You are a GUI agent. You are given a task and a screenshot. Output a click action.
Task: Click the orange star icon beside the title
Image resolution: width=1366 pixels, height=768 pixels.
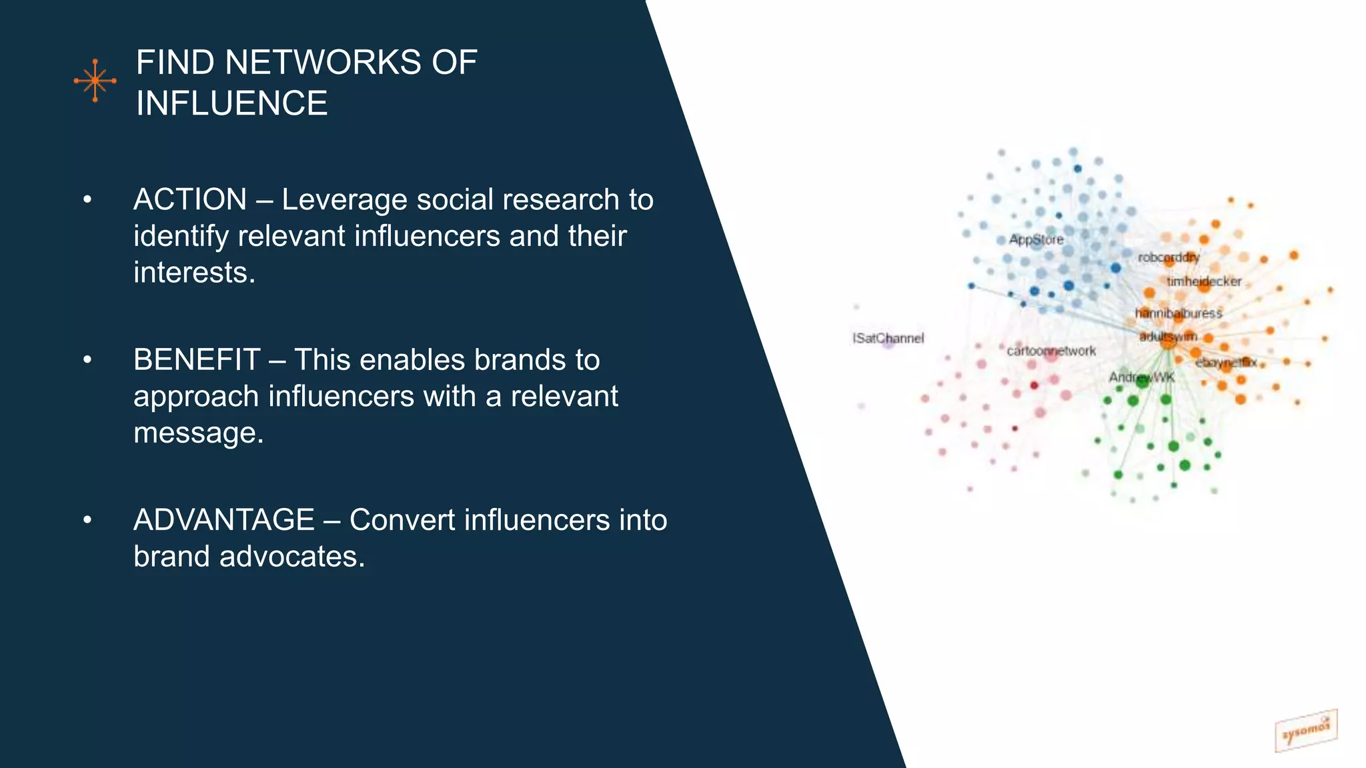(95, 81)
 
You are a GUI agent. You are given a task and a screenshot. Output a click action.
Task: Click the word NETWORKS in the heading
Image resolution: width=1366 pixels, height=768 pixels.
(323, 63)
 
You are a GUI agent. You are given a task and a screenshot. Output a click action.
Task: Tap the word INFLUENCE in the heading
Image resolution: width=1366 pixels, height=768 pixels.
(231, 104)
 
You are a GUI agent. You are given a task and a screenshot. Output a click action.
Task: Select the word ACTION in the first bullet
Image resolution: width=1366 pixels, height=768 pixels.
(190, 200)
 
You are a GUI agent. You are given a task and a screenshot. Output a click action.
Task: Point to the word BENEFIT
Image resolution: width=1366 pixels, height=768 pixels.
(196, 360)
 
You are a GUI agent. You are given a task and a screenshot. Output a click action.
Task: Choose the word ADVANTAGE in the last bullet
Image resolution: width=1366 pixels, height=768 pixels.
(223, 520)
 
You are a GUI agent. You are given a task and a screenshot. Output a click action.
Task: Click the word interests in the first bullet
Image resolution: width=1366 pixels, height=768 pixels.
(193, 273)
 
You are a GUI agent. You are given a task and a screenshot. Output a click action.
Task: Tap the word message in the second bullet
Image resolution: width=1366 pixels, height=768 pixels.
(197, 433)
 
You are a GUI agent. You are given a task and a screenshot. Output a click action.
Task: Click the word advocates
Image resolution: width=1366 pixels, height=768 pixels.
(291, 557)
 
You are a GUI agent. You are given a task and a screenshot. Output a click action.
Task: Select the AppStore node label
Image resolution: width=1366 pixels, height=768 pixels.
(1036, 239)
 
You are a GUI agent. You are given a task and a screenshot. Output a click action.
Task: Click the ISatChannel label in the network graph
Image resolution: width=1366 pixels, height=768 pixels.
(888, 338)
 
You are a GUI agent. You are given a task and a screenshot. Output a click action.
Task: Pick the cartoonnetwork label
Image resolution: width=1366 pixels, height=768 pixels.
(1051, 351)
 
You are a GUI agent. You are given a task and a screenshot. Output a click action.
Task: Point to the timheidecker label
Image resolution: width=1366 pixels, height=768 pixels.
(1204, 281)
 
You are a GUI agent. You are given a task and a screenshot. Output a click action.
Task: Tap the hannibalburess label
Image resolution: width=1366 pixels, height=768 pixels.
(1179, 313)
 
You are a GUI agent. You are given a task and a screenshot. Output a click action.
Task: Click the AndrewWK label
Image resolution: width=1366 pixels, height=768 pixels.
(1141, 377)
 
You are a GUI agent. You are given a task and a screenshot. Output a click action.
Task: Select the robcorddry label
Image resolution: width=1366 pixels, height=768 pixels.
(1169, 257)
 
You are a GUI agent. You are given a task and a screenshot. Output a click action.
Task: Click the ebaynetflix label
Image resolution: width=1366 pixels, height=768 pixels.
(1226, 363)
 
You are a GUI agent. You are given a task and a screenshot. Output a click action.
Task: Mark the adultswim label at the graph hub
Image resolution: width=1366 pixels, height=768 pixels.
(1168, 337)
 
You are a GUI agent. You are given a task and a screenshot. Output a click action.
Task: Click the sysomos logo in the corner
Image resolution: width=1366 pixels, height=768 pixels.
(1305, 731)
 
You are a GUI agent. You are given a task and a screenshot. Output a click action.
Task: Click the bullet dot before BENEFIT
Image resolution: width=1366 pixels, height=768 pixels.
(87, 360)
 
